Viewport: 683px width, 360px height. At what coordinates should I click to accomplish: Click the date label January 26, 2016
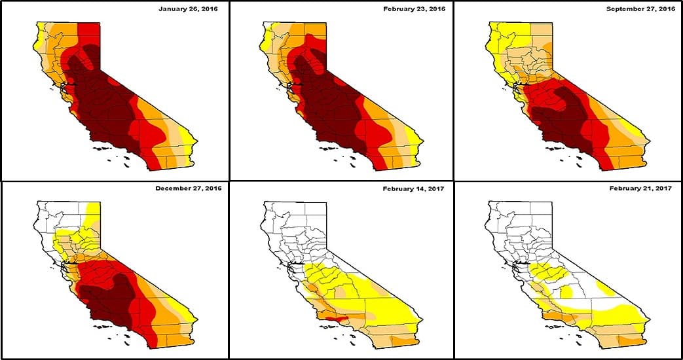point(189,9)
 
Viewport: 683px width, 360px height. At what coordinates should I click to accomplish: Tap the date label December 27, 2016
point(189,189)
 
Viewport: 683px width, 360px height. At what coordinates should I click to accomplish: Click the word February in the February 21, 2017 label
point(626,189)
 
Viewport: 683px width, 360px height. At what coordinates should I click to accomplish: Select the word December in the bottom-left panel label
point(173,189)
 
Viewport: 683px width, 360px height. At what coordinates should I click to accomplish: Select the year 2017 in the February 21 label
point(665,189)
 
